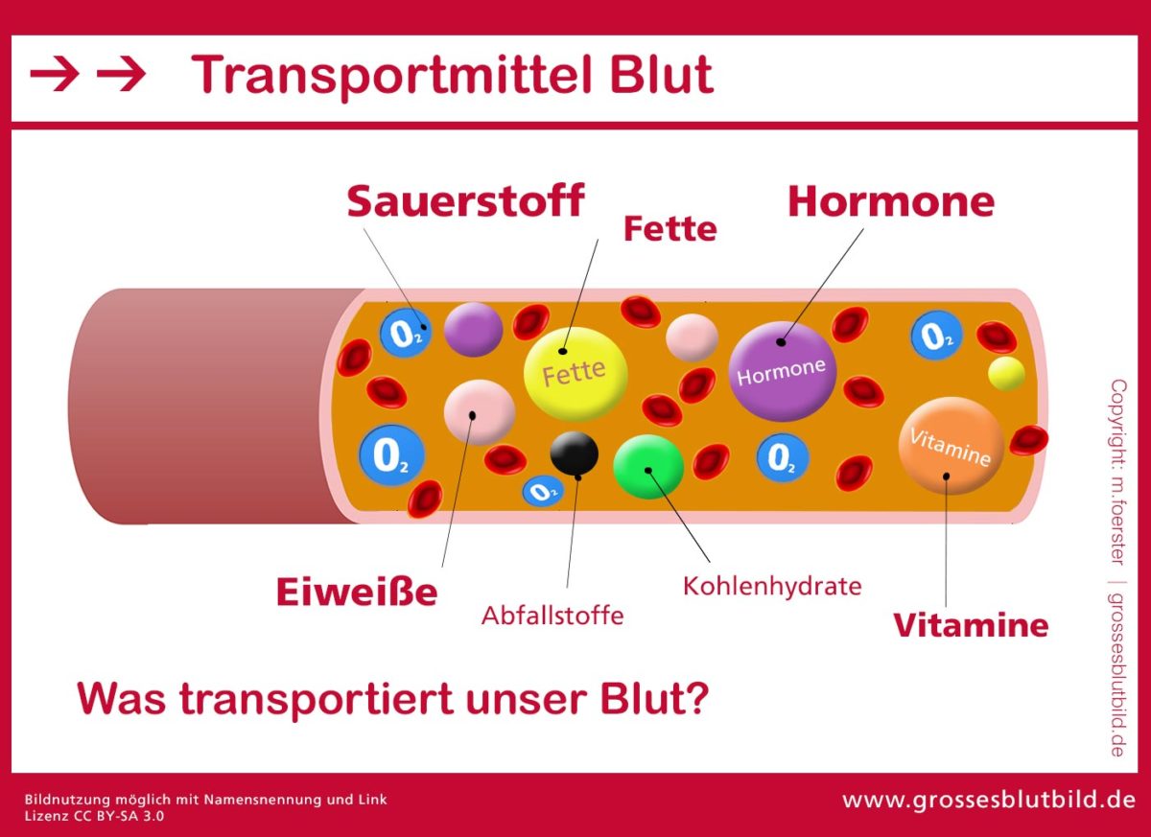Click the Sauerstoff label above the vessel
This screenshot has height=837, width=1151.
tap(465, 201)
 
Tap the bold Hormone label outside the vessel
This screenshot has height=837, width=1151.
tap(890, 201)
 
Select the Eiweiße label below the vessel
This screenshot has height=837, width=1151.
tap(357, 593)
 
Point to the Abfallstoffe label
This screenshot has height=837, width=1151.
tap(552, 615)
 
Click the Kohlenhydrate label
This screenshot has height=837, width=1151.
tap(772, 585)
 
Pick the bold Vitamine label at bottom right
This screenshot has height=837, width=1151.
tap(971, 625)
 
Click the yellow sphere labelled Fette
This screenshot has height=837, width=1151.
tap(575, 372)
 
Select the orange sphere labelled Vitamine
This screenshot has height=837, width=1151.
tap(951, 446)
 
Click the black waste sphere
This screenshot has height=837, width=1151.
tap(575, 453)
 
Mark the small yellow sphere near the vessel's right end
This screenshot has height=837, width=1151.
tap(1006, 373)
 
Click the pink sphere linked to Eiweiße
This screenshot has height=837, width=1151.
tap(480, 411)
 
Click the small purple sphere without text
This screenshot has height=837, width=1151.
tap(474, 330)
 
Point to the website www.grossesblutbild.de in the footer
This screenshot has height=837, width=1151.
tap(989, 800)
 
